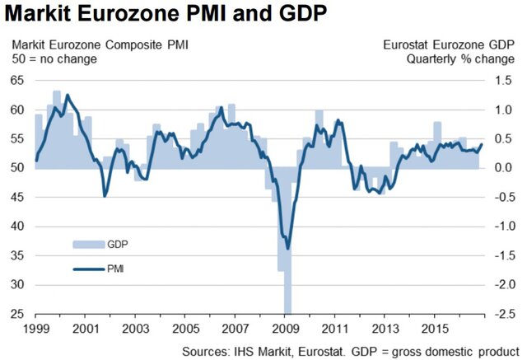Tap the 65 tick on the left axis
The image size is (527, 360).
tap(16, 81)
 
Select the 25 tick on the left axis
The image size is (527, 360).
tap(16, 314)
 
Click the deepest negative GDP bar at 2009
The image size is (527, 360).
tap(287, 305)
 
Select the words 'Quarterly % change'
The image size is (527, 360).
tap(464, 59)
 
